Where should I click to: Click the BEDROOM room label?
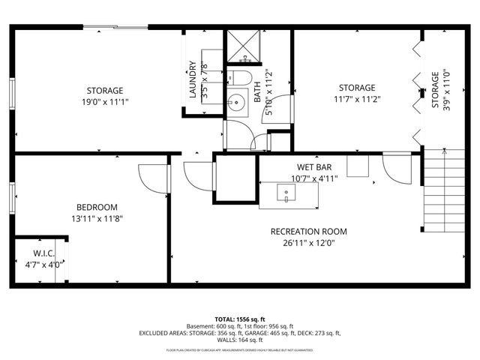click(x=97, y=207)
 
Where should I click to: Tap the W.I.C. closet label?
click(x=43, y=253)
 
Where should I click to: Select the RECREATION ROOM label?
click(x=309, y=232)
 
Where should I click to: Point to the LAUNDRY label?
click(x=193, y=79)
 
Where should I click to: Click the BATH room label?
click(x=257, y=88)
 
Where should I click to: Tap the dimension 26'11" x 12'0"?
click(x=309, y=243)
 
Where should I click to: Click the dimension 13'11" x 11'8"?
click(x=97, y=218)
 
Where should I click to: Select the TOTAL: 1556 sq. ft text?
click(x=240, y=319)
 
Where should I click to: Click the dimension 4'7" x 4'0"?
click(x=43, y=264)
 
